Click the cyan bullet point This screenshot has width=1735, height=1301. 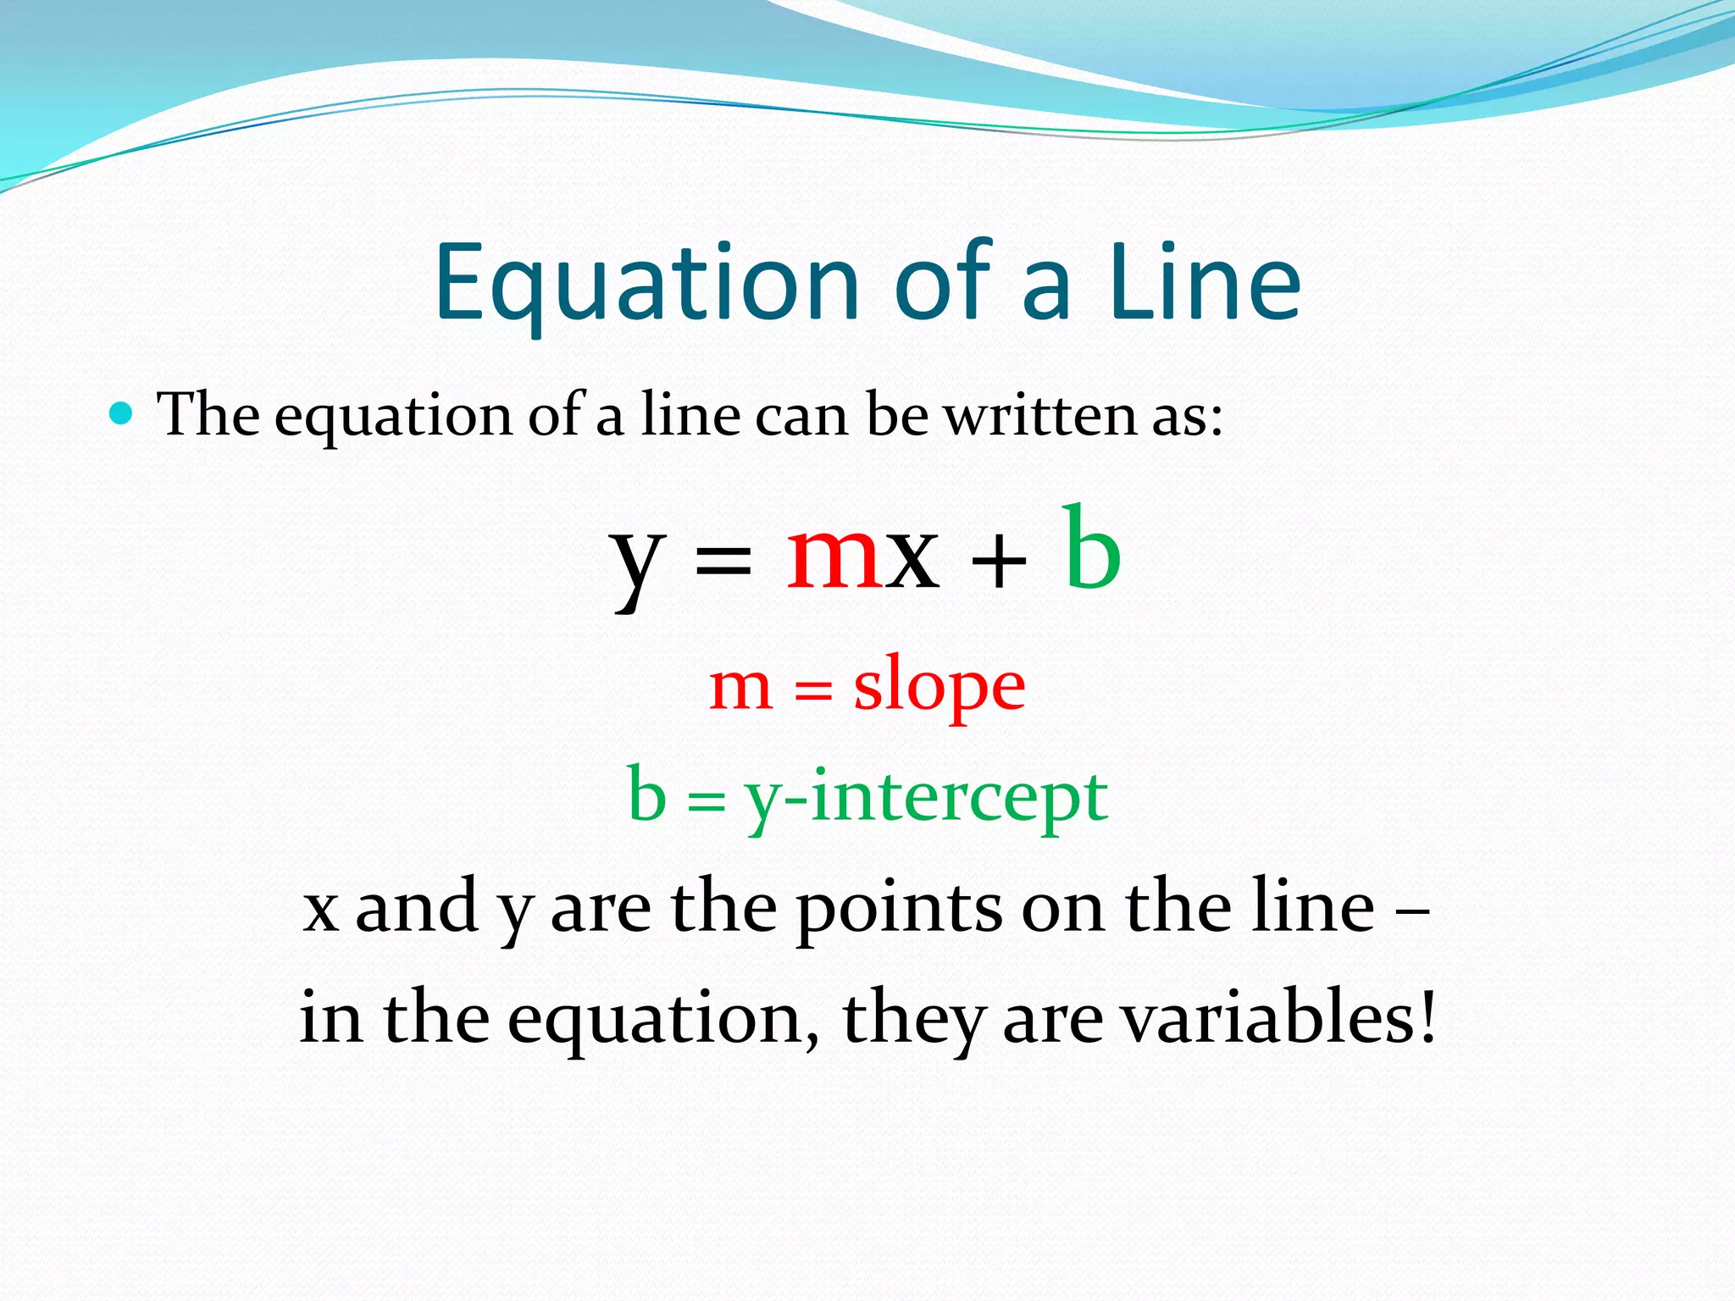click(122, 414)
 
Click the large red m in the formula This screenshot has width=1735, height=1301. click(835, 555)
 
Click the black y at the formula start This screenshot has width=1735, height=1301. click(637, 563)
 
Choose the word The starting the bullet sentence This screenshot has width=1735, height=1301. click(208, 415)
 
